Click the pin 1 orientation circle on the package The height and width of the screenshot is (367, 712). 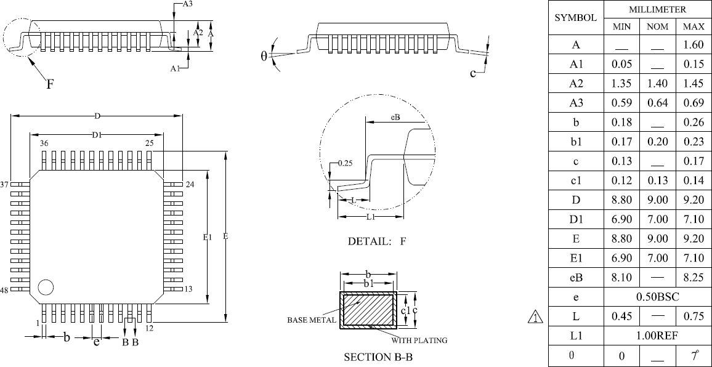(46, 288)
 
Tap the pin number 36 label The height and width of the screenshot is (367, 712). (44, 143)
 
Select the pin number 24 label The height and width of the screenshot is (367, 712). (190, 184)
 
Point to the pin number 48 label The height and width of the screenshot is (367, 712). (4, 290)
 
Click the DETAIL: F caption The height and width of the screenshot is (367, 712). (377, 241)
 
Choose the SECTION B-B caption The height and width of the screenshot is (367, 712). (378, 357)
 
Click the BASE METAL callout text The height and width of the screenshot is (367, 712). (312, 320)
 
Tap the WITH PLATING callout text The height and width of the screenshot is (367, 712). (419, 340)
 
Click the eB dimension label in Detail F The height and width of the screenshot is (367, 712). (395, 117)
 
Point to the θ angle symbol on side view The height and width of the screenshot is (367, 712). (264, 56)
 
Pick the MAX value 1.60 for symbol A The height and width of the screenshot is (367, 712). (694, 45)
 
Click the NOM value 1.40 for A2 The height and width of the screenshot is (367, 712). (657, 84)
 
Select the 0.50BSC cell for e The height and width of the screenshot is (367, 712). (658, 297)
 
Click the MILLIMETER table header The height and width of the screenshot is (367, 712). (658, 9)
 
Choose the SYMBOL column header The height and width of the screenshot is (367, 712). (576, 18)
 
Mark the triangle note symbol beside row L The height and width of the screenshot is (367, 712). (536, 316)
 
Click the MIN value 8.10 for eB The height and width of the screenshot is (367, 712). (621, 278)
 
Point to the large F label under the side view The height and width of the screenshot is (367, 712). (51, 84)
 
